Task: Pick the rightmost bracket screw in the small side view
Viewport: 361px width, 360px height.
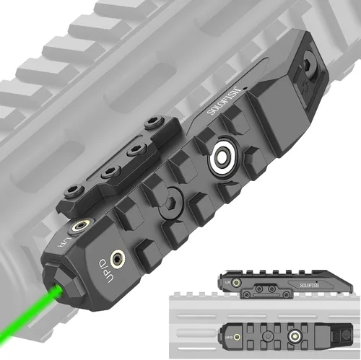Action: (x=275, y=292)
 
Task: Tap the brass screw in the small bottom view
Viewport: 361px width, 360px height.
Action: (x=238, y=336)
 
